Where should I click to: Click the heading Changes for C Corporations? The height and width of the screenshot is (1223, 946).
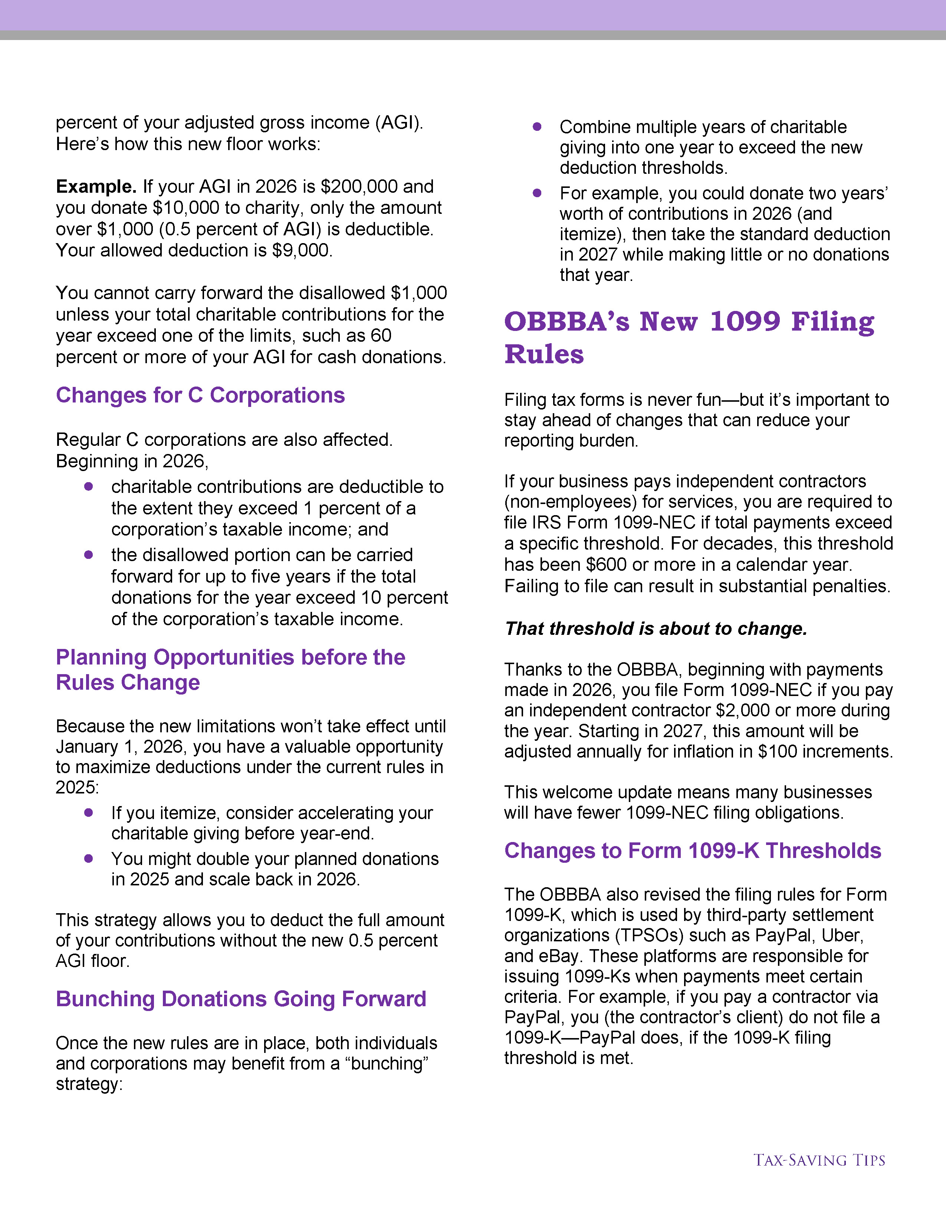pyautogui.click(x=200, y=395)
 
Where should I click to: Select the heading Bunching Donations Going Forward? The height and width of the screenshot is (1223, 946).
pyautogui.click(x=241, y=999)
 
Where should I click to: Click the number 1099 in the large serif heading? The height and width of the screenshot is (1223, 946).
pyautogui.click(x=745, y=322)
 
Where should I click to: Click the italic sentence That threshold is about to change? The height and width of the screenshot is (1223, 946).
pyautogui.click(x=656, y=629)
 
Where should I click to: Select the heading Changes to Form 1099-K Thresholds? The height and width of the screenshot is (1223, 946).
pyautogui.click(x=693, y=851)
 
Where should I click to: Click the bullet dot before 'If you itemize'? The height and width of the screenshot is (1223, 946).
pyautogui.click(x=89, y=812)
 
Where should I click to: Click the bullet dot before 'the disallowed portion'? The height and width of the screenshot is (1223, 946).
pyautogui.click(x=89, y=555)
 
